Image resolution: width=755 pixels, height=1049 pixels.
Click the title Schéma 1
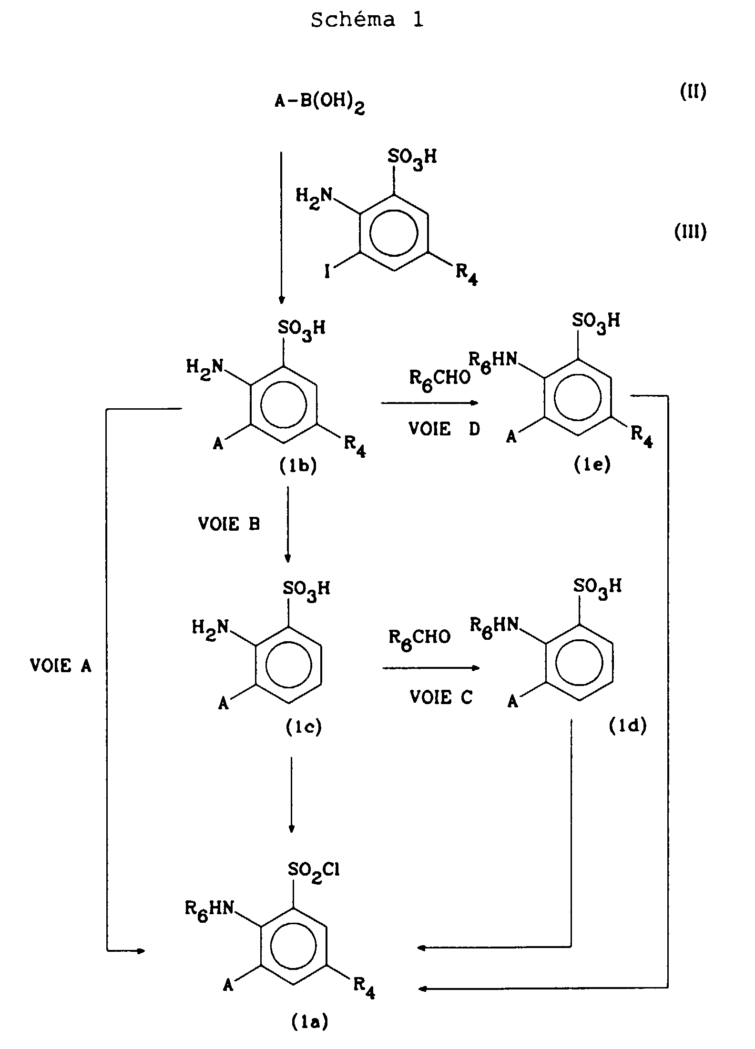(367, 20)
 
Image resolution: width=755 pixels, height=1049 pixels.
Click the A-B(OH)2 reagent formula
(319, 103)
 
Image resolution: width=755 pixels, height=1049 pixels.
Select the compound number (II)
(693, 91)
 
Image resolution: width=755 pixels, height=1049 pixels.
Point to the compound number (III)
(690, 232)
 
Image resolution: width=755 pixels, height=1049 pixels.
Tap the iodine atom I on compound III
(327, 273)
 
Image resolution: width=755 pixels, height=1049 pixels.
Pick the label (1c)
(304, 727)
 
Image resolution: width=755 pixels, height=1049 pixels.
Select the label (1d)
(628, 726)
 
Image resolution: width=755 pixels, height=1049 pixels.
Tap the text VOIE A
(61, 666)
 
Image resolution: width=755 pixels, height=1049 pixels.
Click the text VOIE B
(229, 524)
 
